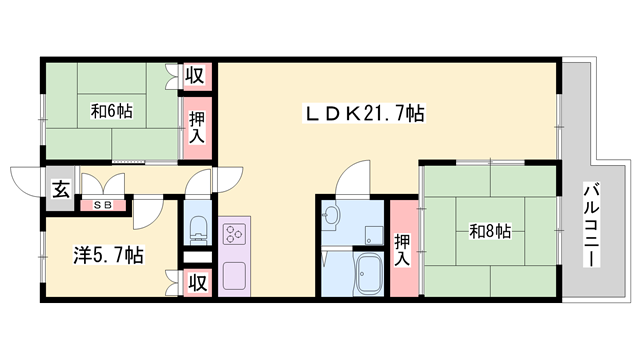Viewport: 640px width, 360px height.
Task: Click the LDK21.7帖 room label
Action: (x=364, y=115)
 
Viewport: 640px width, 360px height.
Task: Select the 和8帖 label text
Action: (x=490, y=232)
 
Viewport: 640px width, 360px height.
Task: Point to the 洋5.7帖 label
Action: (x=106, y=256)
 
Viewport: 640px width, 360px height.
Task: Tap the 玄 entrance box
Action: (x=60, y=188)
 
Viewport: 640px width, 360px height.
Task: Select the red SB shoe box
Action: (x=103, y=206)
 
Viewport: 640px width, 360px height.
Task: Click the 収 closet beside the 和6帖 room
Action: (x=196, y=76)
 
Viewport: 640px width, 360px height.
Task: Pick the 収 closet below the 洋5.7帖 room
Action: (x=196, y=283)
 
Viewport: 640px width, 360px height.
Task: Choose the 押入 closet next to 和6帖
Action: (x=196, y=127)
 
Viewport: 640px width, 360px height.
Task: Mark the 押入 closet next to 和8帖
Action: (x=403, y=250)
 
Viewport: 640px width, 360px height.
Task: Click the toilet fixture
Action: (x=196, y=228)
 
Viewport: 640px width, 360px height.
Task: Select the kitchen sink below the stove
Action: (x=236, y=274)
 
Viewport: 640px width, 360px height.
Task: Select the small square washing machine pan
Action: (x=372, y=235)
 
